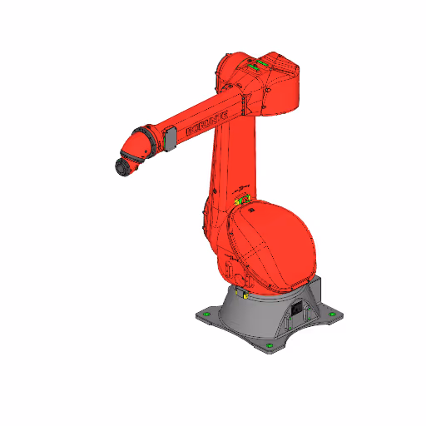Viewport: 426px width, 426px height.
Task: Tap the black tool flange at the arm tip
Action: [123, 167]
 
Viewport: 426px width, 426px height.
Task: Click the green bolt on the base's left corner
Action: [206, 315]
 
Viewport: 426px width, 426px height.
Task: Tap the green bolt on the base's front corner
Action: [270, 344]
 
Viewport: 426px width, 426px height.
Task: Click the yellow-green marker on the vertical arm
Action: [242, 198]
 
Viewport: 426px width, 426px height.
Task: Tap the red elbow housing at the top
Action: [266, 83]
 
